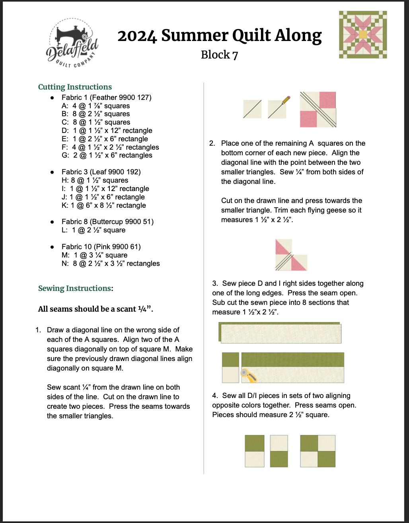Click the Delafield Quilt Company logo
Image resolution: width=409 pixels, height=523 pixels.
pos(72,43)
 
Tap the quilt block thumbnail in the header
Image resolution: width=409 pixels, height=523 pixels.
pos(362,35)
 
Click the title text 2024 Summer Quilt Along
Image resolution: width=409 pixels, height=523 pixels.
pos(219,36)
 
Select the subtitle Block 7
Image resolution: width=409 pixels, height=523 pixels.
pos(219,55)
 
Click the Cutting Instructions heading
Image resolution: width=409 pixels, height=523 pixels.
pos(75,87)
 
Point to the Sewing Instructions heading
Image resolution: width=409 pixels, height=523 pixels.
pos(75,288)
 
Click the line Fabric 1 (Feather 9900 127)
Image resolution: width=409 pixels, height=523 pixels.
pos(106,98)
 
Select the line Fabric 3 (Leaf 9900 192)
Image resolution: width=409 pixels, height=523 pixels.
pos(101,172)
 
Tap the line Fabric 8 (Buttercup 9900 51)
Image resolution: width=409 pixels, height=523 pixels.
pos(107,222)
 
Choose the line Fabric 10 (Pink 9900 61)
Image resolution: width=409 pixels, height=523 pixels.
pos(101,247)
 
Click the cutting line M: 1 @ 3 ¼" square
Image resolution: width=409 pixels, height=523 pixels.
pos(95,255)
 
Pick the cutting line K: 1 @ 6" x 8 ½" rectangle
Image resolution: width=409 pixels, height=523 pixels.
pos(103,205)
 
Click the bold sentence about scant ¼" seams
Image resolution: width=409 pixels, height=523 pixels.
pos(95,309)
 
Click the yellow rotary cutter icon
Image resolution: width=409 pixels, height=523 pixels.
pos(248,375)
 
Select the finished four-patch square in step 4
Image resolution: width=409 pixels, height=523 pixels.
pos(317,451)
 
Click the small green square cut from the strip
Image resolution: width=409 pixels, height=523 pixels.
pos(230,360)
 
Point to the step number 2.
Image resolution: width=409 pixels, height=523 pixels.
pos(212,143)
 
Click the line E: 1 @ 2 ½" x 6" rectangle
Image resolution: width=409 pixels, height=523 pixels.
pos(105,139)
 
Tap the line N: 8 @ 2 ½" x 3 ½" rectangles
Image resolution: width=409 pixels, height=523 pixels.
pos(111,263)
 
